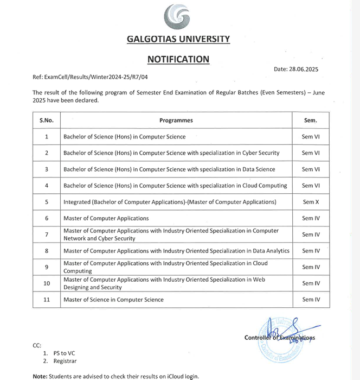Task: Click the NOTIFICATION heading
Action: (x=178, y=59)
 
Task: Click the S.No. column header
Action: (x=46, y=120)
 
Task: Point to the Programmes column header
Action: (x=176, y=120)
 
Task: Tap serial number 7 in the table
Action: (x=47, y=235)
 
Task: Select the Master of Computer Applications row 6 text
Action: (x=106, y=218)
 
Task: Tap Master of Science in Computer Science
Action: (x=113, y=300)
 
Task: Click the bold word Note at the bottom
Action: (x=40, y=376)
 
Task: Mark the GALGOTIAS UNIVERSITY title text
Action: (x=178, y=39)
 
